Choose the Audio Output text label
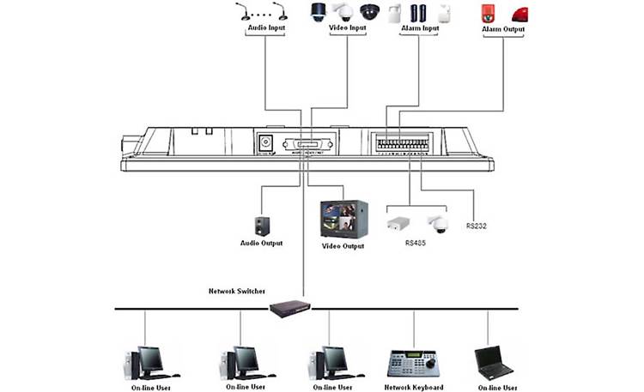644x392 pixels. [x=261, y=244]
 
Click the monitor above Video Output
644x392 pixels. [x=343, y=220]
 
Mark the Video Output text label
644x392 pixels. [x=343, y=246]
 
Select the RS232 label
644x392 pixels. [x=477, y=227]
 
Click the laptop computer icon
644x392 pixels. [x=493, y=364]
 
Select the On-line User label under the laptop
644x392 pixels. [x=493, y=387]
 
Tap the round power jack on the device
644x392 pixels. [x=267, y=142]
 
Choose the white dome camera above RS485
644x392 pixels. [x=438, y=221]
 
